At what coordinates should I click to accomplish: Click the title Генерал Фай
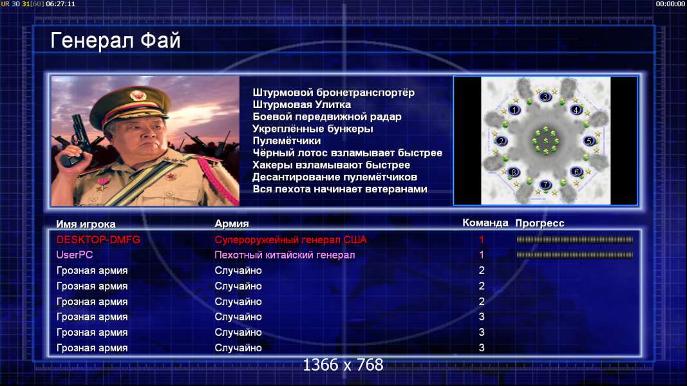[x=115, y=41]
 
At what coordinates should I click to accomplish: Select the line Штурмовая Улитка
[x=301, y=105]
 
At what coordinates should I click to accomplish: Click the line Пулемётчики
[x=287, y=141]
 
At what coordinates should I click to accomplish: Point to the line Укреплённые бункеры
[x=313, y=129]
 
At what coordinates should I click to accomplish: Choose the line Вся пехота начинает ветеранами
[x=340, y=189]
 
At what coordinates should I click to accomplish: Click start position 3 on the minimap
[x=545, y=96]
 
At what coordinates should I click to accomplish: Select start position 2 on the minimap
[x=501, y=141]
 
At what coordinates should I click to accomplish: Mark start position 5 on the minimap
[x=589, y=141]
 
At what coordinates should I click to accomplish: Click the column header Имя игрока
[x=86, y=224]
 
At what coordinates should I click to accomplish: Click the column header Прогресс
[x=540, y=223]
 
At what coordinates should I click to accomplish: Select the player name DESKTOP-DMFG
[x=98, y=240]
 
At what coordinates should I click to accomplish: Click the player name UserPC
[x=75, y=255]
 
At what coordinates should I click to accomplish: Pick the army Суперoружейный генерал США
[x=290, y=240]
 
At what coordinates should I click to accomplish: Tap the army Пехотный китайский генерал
[x=285, y=255]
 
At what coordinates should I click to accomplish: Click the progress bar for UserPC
[x=575, y=255]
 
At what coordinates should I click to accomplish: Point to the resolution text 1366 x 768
[x=343, y=365]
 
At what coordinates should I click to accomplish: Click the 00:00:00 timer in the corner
[x=670, y=3]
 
